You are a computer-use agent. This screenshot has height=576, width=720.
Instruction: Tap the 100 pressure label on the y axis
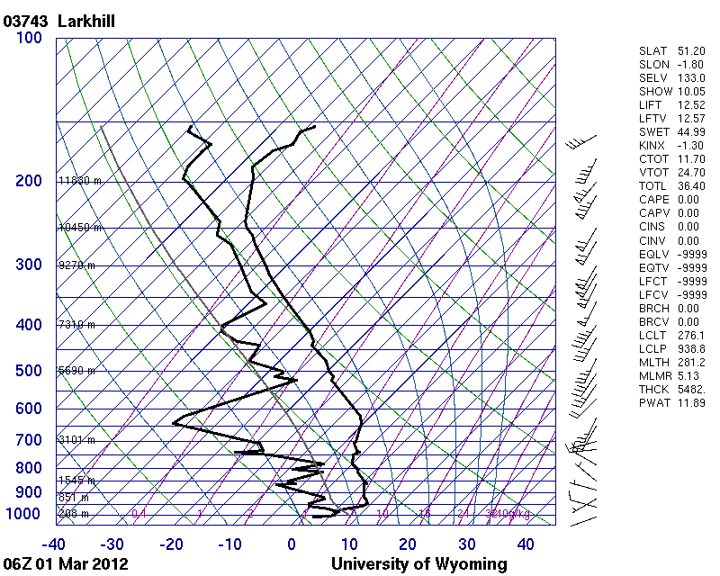click(x=28, y=38)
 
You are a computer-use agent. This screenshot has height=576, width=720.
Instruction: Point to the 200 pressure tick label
click(x=28, y=181)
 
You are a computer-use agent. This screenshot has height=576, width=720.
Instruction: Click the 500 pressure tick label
click(x=28, y=371)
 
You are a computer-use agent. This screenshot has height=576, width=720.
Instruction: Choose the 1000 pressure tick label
click(x=23, y=514)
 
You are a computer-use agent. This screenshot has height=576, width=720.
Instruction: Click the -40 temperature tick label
click(x=54, y=544)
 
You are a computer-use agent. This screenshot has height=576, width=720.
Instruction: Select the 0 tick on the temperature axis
click(x=292, y=544)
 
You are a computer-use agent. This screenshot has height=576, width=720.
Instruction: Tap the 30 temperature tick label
click(x=466, y=544)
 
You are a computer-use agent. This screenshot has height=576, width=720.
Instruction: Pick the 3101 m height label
click(x=76, y=440)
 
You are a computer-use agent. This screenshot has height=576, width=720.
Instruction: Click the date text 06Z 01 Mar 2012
click(x=65, y=564)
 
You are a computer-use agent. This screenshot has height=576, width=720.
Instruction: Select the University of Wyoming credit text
click(x=418, y=564)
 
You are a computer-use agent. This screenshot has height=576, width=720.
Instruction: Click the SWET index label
click(x=652, y=132)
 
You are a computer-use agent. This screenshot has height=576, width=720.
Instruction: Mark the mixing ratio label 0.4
click(x=139, y=514)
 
